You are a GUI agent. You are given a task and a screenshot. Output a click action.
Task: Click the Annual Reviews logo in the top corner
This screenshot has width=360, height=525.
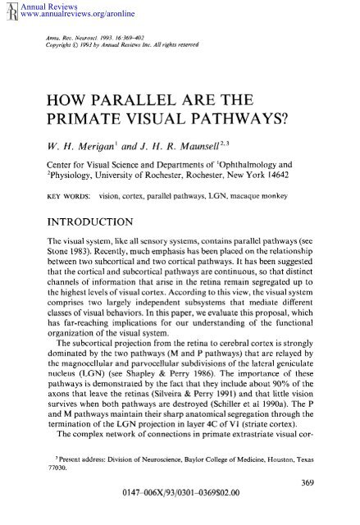(x=7, y=10)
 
